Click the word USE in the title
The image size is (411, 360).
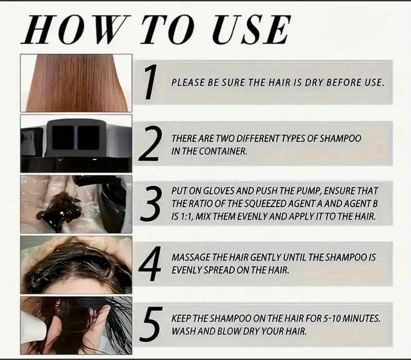(251, 29)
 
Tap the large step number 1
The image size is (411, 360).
(150, 82)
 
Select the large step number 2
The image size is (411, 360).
(148, 143)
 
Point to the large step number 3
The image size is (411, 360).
(150, 203)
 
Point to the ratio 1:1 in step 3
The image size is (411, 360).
(186, 217)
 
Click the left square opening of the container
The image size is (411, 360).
(63, 138)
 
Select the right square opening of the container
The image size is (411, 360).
(88, 138)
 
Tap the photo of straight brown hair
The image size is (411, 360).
(76, 83)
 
